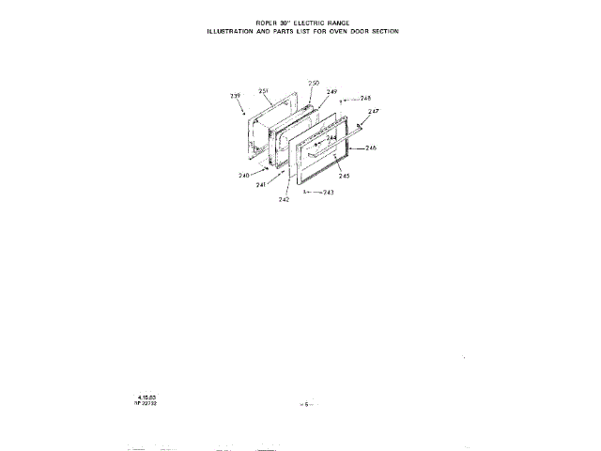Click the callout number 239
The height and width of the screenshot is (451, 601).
tap(236, 96)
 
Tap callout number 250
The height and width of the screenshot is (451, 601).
tap(314, 83)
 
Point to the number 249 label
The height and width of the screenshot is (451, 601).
tap(331, 91)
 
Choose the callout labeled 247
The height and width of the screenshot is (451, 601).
tap(373, 112)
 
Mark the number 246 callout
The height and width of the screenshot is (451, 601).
tap(371, 148)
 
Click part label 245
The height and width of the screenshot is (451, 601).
tap(345, 176)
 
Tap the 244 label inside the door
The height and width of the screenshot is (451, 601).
tap(331, 138)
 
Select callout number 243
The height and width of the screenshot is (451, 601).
tap(328, 192)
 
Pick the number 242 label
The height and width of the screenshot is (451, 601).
tap(284, 199)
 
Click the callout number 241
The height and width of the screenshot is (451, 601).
tap(261, 185)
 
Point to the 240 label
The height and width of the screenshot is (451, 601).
tap(244, 176)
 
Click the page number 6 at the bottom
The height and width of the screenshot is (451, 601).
tap(305, 403)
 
